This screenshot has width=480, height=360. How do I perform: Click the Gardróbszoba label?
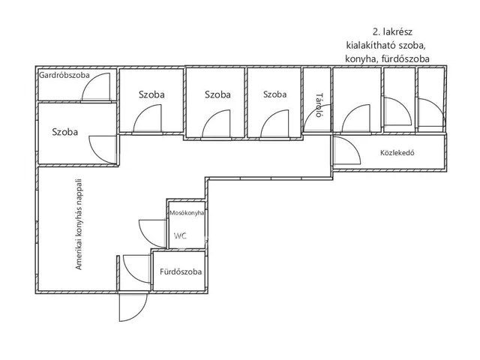pyautogui.click(x=64, y=75)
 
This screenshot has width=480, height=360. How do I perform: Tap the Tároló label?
pyautogui.click(x=319, y=105)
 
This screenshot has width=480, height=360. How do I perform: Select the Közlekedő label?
pyautogui.click(x=397, y=152)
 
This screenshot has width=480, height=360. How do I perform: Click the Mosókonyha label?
pyautogui.click(x=187, y=213)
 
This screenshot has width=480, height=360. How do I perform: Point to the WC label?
pyautogui.click(x=180, y=235)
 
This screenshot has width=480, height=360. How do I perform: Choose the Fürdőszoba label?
pyautogui.click(x=181, y=271)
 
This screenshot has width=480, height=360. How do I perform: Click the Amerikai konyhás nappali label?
pyautogui.click(x=79, y=224)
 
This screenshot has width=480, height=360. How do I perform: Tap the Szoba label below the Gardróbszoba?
pyautogui.click(x=65, y=132)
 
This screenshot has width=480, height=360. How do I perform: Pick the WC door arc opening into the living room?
pyautogui.click(x=145, y=235)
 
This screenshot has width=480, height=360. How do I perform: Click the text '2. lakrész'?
pyautogui.click(x=392, y=31)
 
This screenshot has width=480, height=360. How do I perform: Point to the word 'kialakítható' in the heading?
pyautogui.click(x=371, y=45)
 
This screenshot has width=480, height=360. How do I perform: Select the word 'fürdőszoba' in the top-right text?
pyautogui.click(x=404, y=58)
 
